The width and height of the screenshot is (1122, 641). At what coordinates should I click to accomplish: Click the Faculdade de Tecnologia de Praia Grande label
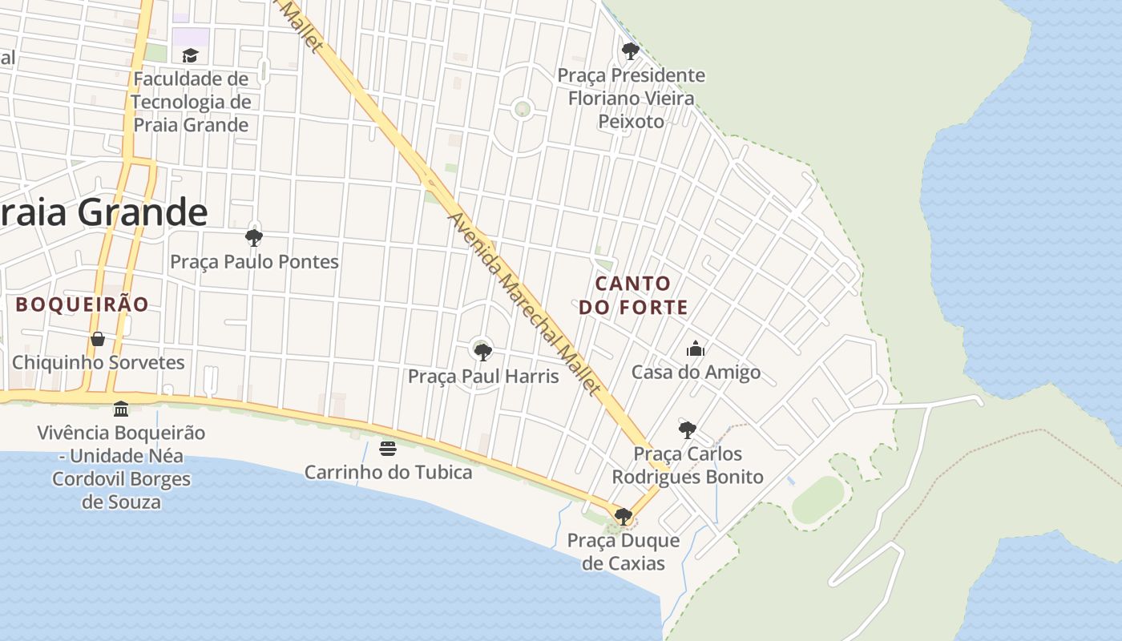click(191, 102)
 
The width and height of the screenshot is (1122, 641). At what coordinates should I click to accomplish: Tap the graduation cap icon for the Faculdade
click(190, 55)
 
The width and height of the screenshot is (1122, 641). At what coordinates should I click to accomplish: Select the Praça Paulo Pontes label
click(254, 262)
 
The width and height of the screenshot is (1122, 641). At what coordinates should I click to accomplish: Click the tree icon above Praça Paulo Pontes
click(254, 237)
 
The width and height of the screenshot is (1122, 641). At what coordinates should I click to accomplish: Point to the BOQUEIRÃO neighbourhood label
click(83, 304)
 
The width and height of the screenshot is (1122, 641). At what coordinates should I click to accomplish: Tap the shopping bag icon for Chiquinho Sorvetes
click(98, 339)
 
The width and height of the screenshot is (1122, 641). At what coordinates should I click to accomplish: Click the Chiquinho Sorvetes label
click(98, 363)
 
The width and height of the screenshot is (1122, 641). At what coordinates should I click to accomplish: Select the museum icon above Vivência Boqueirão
click(121, 409)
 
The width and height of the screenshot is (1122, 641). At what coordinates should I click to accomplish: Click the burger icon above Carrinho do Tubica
click(388, 449)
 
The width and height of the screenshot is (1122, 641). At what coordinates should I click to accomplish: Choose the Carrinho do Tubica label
click(388, 472)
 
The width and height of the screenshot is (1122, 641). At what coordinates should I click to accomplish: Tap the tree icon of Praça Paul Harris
click(482, 352)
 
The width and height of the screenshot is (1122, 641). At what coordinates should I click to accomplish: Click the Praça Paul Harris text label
click(483, 376)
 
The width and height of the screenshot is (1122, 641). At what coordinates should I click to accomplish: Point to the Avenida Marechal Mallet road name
click(523, 304)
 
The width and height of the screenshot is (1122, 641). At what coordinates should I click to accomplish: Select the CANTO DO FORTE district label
click(633, 295)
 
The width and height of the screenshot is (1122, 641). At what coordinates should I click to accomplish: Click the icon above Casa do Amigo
click(696, 349)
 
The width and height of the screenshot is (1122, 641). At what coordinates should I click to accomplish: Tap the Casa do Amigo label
click(696, 373)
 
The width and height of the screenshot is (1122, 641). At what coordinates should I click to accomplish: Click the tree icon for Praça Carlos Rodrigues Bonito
click(687, 429)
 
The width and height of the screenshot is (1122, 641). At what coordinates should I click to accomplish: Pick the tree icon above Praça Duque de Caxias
click(623, 516)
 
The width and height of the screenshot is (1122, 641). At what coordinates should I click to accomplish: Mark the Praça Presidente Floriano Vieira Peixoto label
click(632, 99)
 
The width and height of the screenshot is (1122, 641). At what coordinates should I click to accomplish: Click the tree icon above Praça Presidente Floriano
click(631, 51)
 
